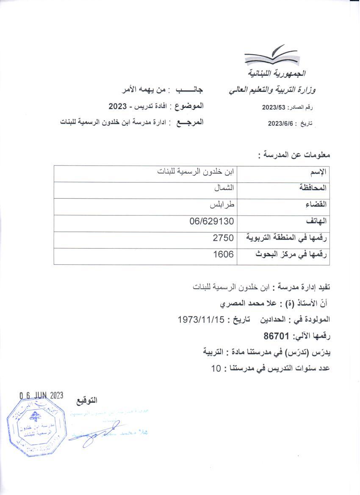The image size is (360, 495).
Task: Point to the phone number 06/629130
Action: (212, 221)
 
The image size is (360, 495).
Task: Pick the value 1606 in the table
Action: (223, 254)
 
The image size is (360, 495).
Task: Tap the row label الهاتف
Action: (317, 221)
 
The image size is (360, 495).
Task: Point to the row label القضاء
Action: (316, 205)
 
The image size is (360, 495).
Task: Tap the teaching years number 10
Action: (215, 368)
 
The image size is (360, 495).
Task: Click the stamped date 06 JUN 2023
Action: (41, 395)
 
